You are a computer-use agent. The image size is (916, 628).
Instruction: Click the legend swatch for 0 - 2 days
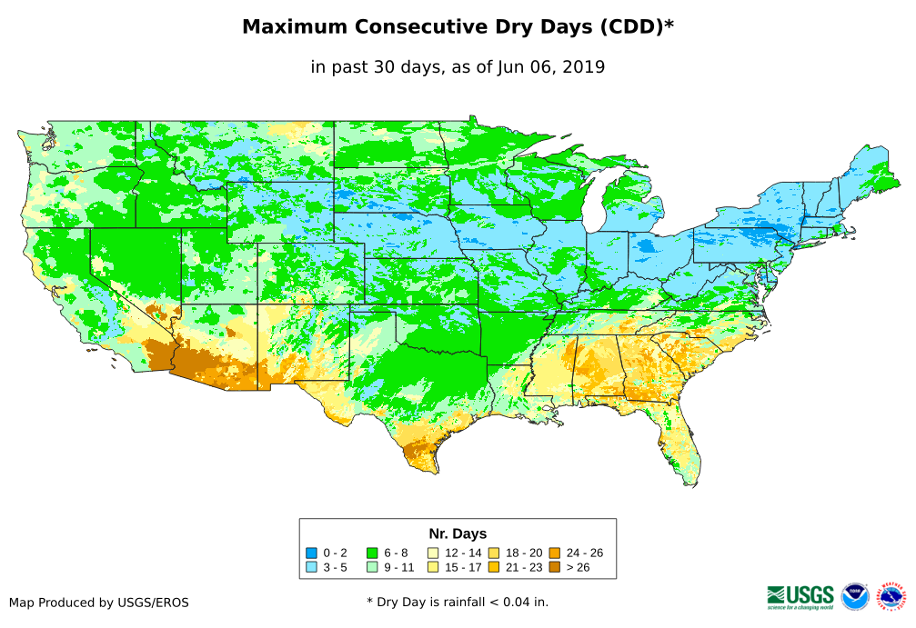[312, 553]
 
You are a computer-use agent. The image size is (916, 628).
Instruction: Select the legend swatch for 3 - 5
[312, 567]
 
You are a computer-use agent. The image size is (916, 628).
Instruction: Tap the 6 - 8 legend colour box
[372, 553]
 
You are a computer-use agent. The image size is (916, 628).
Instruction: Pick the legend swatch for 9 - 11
[372, 567]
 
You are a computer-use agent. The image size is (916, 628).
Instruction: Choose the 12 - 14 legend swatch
[433, 553]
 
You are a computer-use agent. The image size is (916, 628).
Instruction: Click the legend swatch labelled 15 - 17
[433, 567]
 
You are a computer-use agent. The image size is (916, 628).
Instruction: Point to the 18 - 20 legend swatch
[493, 553]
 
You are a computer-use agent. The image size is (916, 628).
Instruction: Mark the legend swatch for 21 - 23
[493, 567]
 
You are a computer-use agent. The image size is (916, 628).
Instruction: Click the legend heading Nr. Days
[458, 533]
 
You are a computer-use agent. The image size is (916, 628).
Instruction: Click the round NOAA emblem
[855, 596]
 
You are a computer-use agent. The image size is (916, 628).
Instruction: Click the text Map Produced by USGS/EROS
[99, 602]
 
